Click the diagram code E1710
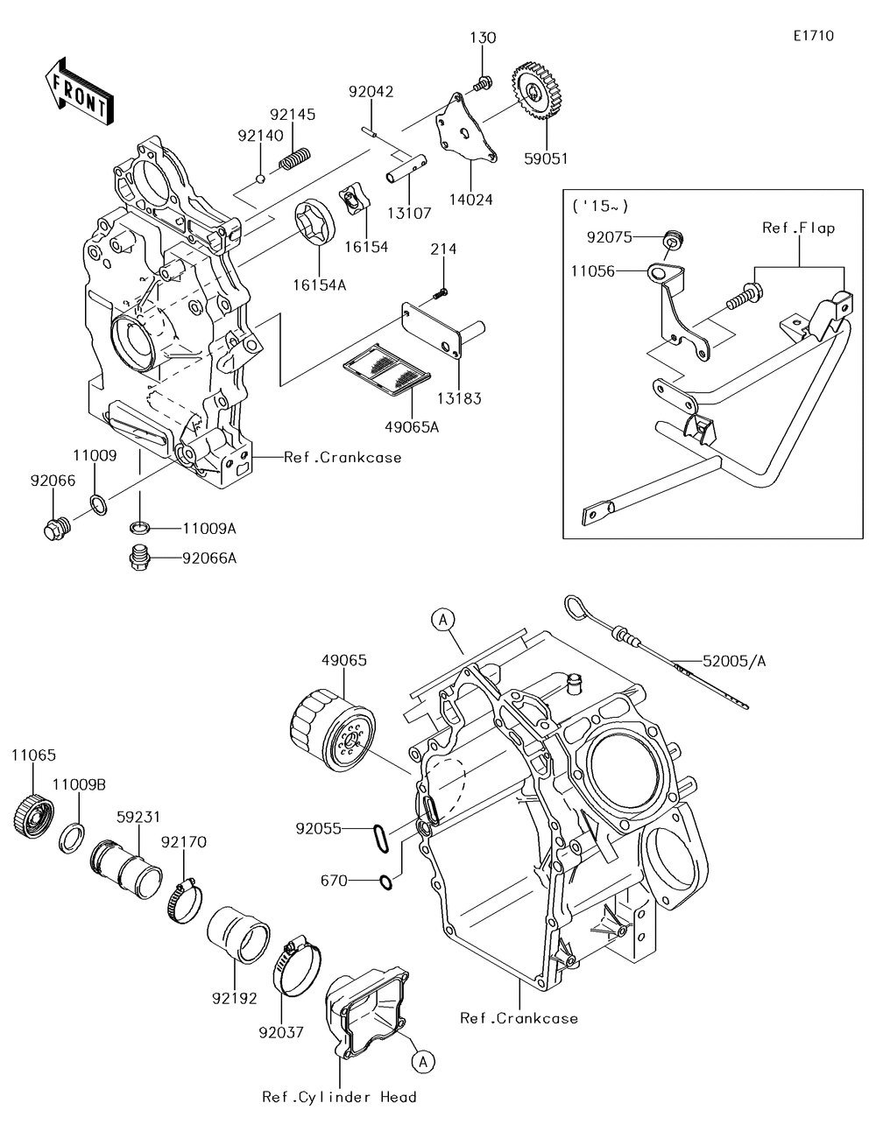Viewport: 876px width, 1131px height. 814,36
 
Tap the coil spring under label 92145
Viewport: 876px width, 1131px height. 295,158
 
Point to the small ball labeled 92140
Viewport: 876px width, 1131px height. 260,179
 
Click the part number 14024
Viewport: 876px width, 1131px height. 470,200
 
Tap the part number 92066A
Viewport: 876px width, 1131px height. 208,558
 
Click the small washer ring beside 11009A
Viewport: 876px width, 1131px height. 139,528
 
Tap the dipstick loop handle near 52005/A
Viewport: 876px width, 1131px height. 577,608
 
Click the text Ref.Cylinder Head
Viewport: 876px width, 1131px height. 339,1097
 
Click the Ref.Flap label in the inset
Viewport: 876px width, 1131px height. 798,228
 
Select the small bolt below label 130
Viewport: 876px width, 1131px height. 484,83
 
